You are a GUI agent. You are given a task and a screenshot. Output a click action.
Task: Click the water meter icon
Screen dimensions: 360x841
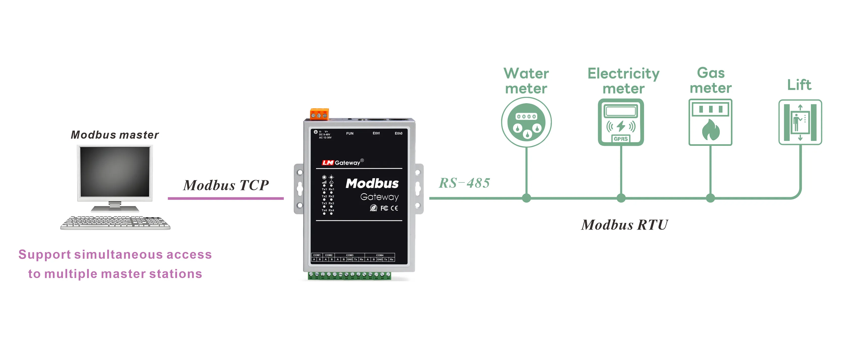(x=526, y=122)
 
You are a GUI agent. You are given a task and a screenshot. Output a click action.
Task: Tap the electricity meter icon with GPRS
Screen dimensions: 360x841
(x=621, y=122)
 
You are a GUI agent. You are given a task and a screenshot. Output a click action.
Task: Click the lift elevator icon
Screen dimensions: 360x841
(x=800, y=122)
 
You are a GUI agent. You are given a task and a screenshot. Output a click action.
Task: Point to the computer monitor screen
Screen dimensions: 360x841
(x=115, y=172)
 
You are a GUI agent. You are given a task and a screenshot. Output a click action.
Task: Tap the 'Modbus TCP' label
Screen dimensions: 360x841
(x=226, y=185)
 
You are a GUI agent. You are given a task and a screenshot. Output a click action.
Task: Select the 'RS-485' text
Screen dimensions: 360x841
(x=464, y=183)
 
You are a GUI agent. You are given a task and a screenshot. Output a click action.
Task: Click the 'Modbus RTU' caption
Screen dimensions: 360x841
(x=624, y=225)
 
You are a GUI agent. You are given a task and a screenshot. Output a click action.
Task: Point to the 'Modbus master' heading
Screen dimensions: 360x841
(x=115, y=135)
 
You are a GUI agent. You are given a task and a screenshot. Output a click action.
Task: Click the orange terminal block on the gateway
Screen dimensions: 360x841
(x=319, y=114)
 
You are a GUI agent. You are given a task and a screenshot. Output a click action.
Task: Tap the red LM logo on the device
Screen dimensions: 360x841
(x=327, y=163)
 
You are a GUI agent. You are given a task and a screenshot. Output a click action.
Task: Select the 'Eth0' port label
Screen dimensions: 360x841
(x=398, y=133)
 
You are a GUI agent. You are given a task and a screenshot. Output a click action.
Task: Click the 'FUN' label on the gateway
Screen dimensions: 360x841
(x=350, y=133)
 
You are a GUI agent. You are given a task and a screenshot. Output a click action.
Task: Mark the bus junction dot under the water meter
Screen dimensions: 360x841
(x=526, y=198)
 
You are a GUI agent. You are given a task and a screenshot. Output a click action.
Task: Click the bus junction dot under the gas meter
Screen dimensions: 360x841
(x=710, y=198)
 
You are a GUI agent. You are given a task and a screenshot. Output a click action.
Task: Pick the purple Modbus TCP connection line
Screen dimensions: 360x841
(x=226, y=198)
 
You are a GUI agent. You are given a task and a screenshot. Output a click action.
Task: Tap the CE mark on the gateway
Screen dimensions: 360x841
(x=394, y=208)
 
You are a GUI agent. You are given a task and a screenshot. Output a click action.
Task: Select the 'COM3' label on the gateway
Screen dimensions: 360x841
(x=350, y=255)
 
